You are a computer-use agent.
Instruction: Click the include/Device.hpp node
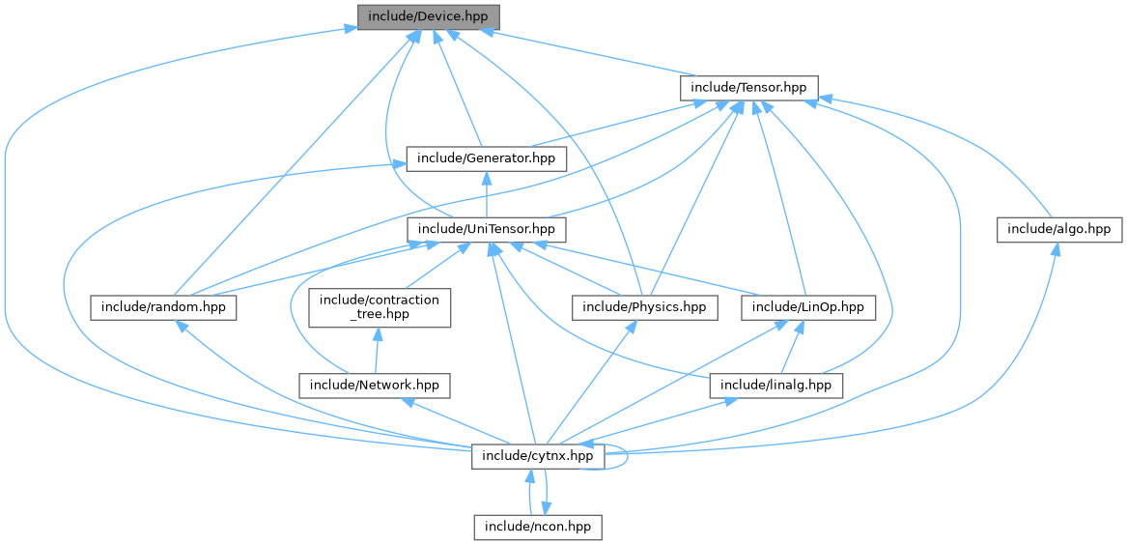point(429,16)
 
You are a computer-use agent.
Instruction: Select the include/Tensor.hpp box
point(749,87)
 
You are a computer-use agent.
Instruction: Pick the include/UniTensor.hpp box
point(486,229)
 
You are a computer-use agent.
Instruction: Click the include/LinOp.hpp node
point(808,307)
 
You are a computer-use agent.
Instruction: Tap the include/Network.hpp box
point(373,385)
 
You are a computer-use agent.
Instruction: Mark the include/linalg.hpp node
point(776,385)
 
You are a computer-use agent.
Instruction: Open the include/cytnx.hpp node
point(538,455)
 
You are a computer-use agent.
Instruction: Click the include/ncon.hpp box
point(538,527)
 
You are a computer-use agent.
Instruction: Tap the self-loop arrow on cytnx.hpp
point(626,456)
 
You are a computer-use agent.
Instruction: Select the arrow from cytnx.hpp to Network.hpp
point(455,420)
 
